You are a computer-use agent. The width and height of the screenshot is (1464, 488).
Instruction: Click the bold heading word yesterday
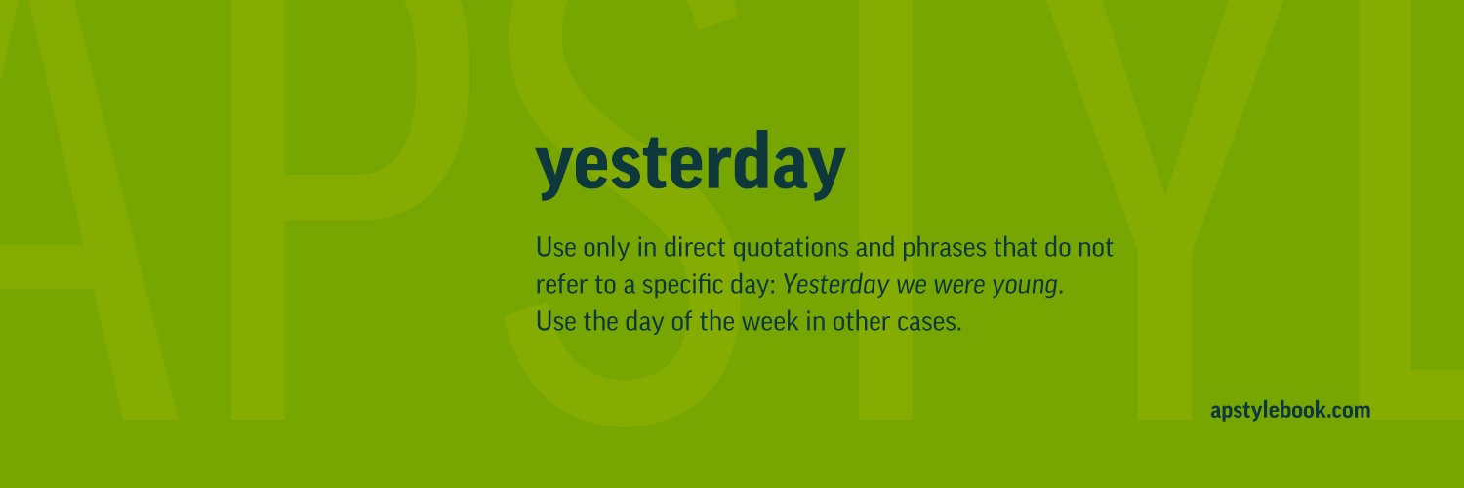690,166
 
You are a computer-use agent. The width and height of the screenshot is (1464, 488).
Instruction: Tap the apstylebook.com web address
1289,411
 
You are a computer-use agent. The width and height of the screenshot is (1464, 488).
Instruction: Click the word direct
690,248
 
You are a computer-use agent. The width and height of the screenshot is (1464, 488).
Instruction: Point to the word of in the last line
681,322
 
